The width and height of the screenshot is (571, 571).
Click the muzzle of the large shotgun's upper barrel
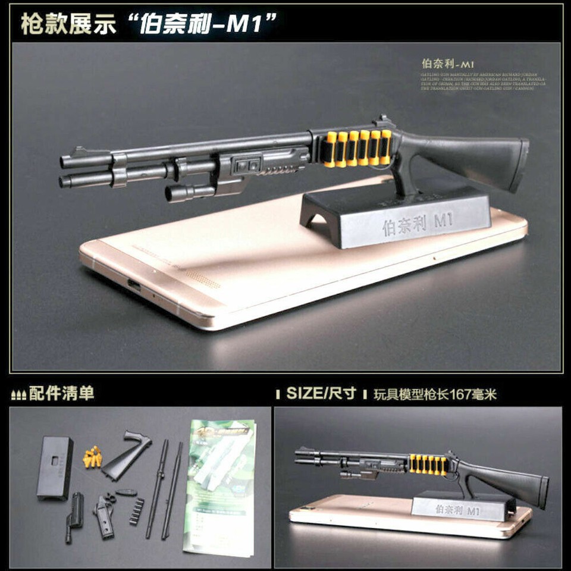[64, 162]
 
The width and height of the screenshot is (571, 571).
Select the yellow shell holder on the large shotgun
[359, 148]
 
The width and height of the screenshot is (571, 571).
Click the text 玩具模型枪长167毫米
[435, 394]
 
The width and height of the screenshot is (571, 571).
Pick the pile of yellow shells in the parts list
[92, 457]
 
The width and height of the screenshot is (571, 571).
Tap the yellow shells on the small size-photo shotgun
[429, 465]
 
